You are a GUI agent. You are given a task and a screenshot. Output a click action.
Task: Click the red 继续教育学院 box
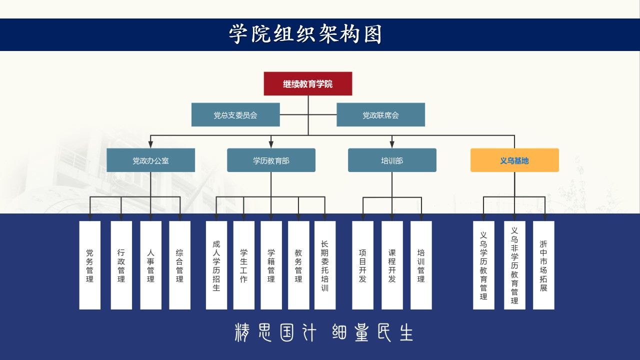(307, 83)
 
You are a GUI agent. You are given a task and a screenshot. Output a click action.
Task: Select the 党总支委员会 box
(235, 114)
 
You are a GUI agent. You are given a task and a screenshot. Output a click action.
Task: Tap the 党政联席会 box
(380, 114)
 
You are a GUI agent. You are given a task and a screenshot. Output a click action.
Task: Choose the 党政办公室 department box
(150, 160)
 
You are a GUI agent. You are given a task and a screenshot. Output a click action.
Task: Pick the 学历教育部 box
(271, 160)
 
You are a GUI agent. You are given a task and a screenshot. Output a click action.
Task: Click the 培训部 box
(392, 160)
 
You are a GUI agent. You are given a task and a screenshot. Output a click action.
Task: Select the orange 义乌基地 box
(514, 160)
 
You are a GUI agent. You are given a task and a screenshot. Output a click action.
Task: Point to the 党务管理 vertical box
(89, 265)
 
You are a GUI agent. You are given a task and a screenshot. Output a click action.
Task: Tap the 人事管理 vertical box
(150, 265)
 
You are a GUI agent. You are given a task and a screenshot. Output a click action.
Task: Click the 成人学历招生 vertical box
(216, 265)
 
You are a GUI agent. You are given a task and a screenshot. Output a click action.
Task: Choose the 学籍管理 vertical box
(271, 265)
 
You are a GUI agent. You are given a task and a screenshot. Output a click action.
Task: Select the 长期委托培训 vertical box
(325, 265)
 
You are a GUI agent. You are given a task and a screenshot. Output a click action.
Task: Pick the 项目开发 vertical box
(362, 265)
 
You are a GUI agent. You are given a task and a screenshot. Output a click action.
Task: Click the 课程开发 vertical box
(392, 265)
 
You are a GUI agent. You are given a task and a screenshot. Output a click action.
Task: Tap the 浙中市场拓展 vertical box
(543, 265)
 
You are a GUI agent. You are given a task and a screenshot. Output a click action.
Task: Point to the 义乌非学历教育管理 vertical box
(514, 265)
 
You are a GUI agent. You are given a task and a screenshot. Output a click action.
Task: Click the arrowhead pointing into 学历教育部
(271, 144)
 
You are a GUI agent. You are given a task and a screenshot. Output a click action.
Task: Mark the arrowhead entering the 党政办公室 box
(150, 144)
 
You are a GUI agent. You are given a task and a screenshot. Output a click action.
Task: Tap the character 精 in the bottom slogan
(242, 332)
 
